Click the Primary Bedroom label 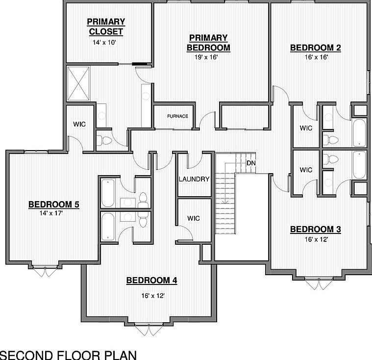[208, 43]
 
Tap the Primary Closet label [106, 26]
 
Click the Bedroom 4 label [151, 281]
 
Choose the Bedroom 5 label [54, 205]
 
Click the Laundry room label [194, 179]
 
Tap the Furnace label [177, 116]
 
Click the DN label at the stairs [251, 163]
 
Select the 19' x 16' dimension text [206, 57]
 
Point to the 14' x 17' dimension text [52, 214]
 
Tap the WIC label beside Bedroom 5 [79, 124]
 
